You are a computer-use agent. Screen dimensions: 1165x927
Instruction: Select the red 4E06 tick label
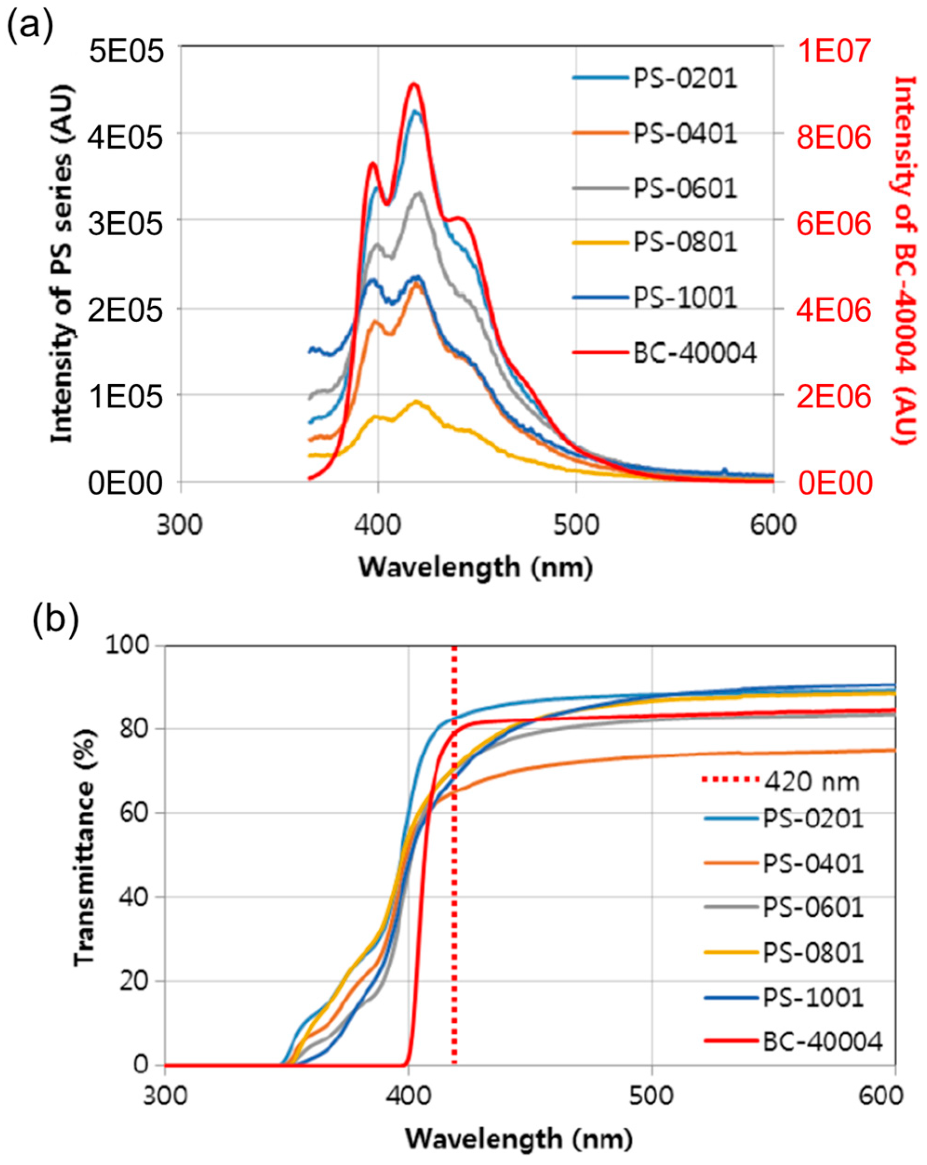[x=834, y=311]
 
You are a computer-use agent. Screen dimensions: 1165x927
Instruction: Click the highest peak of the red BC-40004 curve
[x=414, y=84]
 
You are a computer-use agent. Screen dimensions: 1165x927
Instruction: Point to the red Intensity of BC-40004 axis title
[x=903, y=259]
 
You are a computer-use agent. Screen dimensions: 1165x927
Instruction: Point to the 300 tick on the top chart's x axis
[x=180, y=525]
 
